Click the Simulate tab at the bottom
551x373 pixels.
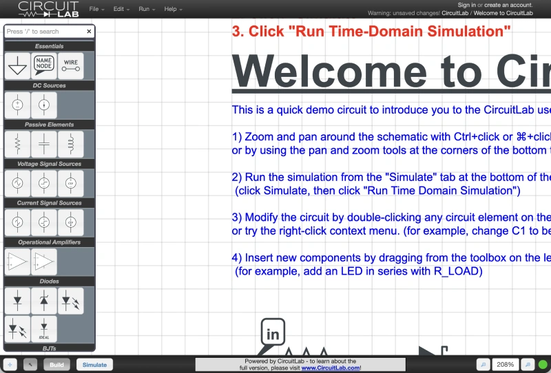point(95,365)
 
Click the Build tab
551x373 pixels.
point(56,365)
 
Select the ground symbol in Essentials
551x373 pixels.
point(18,65)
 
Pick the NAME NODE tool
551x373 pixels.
point(44,65)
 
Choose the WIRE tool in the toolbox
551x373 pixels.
point(70,65)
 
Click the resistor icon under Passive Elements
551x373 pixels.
point(18,144)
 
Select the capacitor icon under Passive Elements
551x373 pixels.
point(44,144)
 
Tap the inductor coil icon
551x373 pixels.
point(70,144)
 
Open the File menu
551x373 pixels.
point(96,9)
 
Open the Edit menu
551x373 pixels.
point(121,9)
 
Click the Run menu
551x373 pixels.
point(145,9)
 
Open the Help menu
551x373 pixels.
point(171,9)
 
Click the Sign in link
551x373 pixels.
point(467,5)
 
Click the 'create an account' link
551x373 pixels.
point(508,5)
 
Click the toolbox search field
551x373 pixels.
point(45,32)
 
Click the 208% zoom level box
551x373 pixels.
point(506,365)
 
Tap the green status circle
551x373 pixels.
point(543,365)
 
